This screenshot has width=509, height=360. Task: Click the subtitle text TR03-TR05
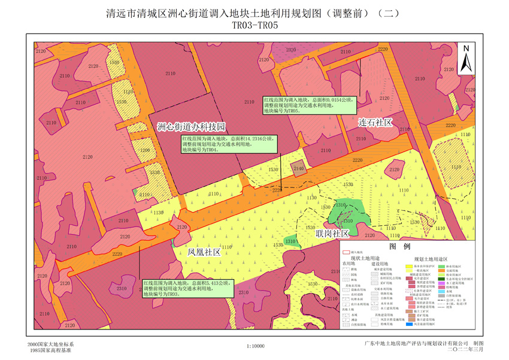tap(255, 25)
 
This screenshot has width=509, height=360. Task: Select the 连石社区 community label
tap(375, 122)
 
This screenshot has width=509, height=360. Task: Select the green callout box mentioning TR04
tap(226, 144)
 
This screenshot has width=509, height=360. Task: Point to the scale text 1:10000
tap(256, 346)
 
